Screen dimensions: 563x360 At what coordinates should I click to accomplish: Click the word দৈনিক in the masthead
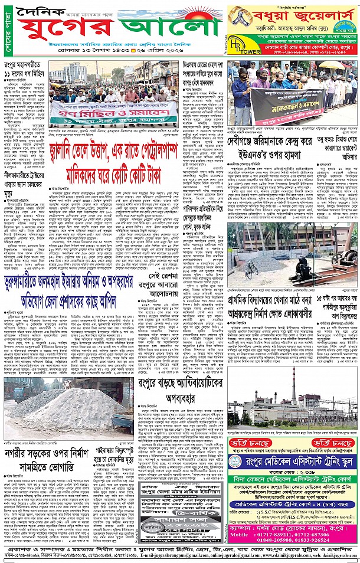click(39, 12)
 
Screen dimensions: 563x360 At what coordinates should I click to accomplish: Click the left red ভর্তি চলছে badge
click(255, 443)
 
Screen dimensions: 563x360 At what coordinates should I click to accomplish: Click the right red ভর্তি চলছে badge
click(333, 443)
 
